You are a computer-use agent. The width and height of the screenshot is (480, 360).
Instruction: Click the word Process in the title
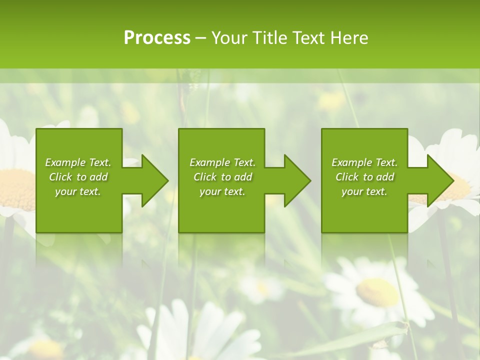point(157,38)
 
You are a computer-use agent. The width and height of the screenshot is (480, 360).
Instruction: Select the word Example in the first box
point(64,162)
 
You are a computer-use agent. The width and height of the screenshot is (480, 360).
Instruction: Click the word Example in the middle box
point(209,162)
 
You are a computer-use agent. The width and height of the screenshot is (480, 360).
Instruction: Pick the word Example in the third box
point(351,162)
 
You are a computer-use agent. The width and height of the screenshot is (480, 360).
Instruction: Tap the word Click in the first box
point(60,177)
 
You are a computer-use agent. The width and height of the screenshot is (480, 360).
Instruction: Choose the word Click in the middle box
point(205,177)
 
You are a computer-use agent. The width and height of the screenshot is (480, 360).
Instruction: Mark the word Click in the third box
point(347,177)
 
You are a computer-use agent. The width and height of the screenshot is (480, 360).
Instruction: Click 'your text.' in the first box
point(78,191)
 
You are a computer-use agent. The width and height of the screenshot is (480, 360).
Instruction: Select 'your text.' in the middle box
point(222,191)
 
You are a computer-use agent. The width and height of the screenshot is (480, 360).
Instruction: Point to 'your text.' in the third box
point(364,191)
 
